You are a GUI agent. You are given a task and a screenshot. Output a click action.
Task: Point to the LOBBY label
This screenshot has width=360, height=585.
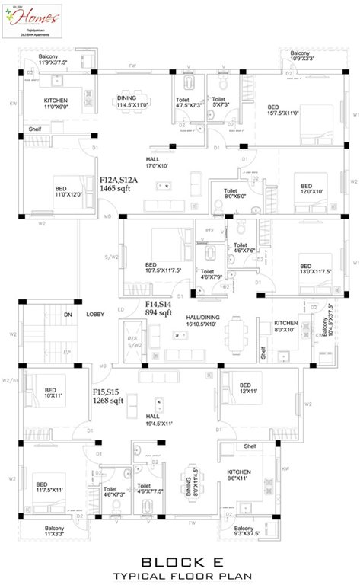(95, 314)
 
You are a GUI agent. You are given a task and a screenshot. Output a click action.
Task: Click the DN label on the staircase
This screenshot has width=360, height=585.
(68, 314)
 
